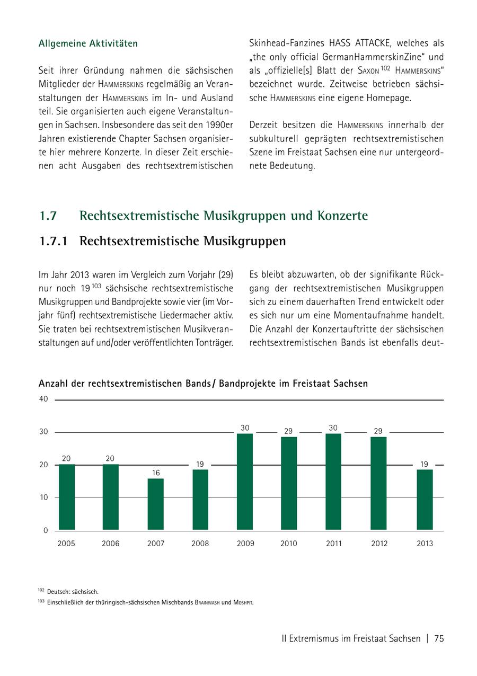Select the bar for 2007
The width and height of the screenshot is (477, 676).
(155, 504)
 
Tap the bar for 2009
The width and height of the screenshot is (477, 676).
(245, 482)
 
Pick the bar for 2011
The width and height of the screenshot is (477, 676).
(333, 482)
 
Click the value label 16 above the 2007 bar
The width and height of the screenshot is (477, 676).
(155, 473)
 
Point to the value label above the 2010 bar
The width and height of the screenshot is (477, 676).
(288, 431)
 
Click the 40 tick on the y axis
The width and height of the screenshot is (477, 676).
(43, 399)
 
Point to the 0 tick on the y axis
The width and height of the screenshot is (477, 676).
(46, 530)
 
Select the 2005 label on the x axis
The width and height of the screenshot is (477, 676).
(66, 544)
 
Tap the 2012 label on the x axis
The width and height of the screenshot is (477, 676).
(379, 544)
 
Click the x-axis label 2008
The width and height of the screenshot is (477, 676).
(200, 544)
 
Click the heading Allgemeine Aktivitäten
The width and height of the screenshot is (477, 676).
(88, 43)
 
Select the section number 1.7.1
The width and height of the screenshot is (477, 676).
(54, 241)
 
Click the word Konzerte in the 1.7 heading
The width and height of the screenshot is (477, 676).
(342, 216)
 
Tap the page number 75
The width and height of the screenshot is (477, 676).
(438, 638)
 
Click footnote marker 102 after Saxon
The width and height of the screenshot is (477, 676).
(385, 68)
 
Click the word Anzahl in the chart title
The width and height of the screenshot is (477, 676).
(54, 383)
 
